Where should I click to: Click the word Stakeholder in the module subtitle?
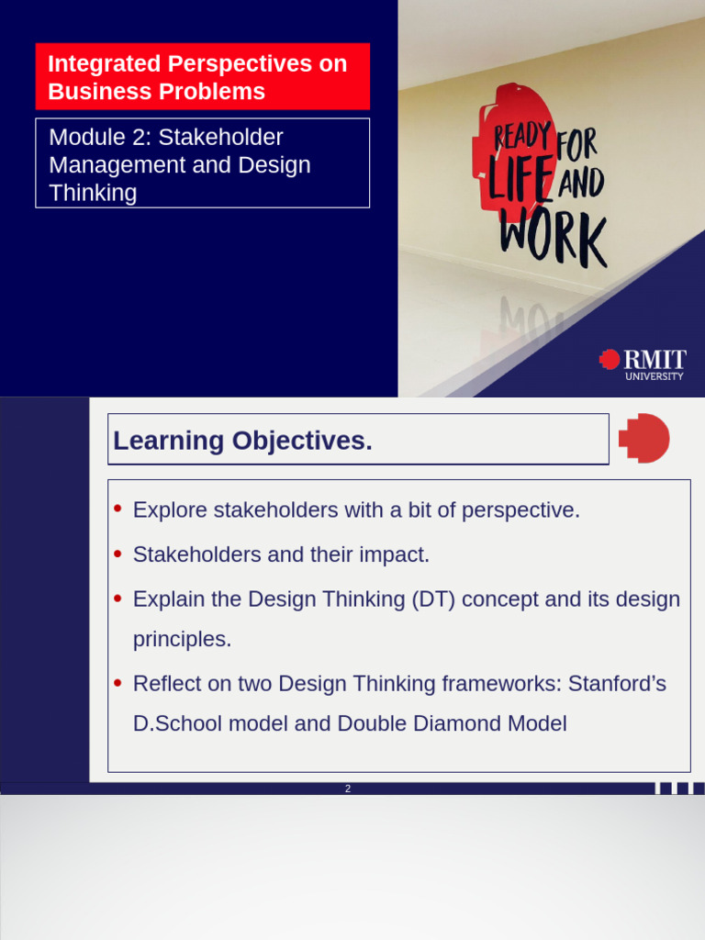pyautogui.click(x=220, y=138)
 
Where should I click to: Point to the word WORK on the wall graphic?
pyautogui.click(x=554, y=237)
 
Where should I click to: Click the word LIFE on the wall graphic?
pyautogui.click(x=520, y=177)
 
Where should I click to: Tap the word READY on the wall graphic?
pyautogui.click(x=522, y=137)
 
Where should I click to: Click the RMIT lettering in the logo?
pyautogui.click(x=655, y=360)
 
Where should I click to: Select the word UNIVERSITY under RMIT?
pyautogui.click(x=654, y=376)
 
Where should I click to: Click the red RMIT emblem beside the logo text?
pyautogui.click(x=610, y=359)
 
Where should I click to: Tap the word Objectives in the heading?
pyautogui.click(x=302, y=442)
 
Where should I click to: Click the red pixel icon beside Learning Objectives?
pyautogui.click(x=643, y=438)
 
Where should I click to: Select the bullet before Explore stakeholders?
pyautogui.click(x=117, y=509)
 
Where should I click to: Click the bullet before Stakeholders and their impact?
pyautogui.click(x=117, y=554)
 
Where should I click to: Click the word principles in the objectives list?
pyautogui.click(x=183, y=640)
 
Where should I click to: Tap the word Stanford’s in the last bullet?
pyautogui.click(x=617, y=683)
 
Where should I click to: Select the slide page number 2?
pyautogui.click(x=348, y=789)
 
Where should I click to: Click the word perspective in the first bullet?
pyautogui.click(x=521, y=510)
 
